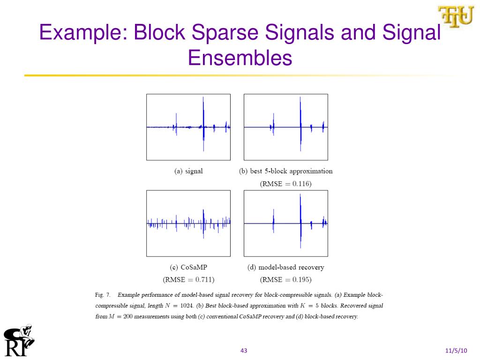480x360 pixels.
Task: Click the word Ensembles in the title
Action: pos(240,58)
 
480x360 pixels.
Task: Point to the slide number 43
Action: pos(244,351)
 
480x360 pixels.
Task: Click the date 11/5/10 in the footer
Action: pos(456,351)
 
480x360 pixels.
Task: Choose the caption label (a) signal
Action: pos(188,171)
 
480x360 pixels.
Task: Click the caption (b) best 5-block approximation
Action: pos(285,171)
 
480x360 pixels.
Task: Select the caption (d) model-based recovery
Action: pos(285,267)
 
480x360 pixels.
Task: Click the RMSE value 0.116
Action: pos(302,184)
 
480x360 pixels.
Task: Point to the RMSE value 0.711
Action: pos(205,280)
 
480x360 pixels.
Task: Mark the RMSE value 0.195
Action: pos(302,280)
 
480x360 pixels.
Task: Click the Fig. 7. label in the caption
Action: pos(103,295)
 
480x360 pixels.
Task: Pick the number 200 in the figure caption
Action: pos(127,317)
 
